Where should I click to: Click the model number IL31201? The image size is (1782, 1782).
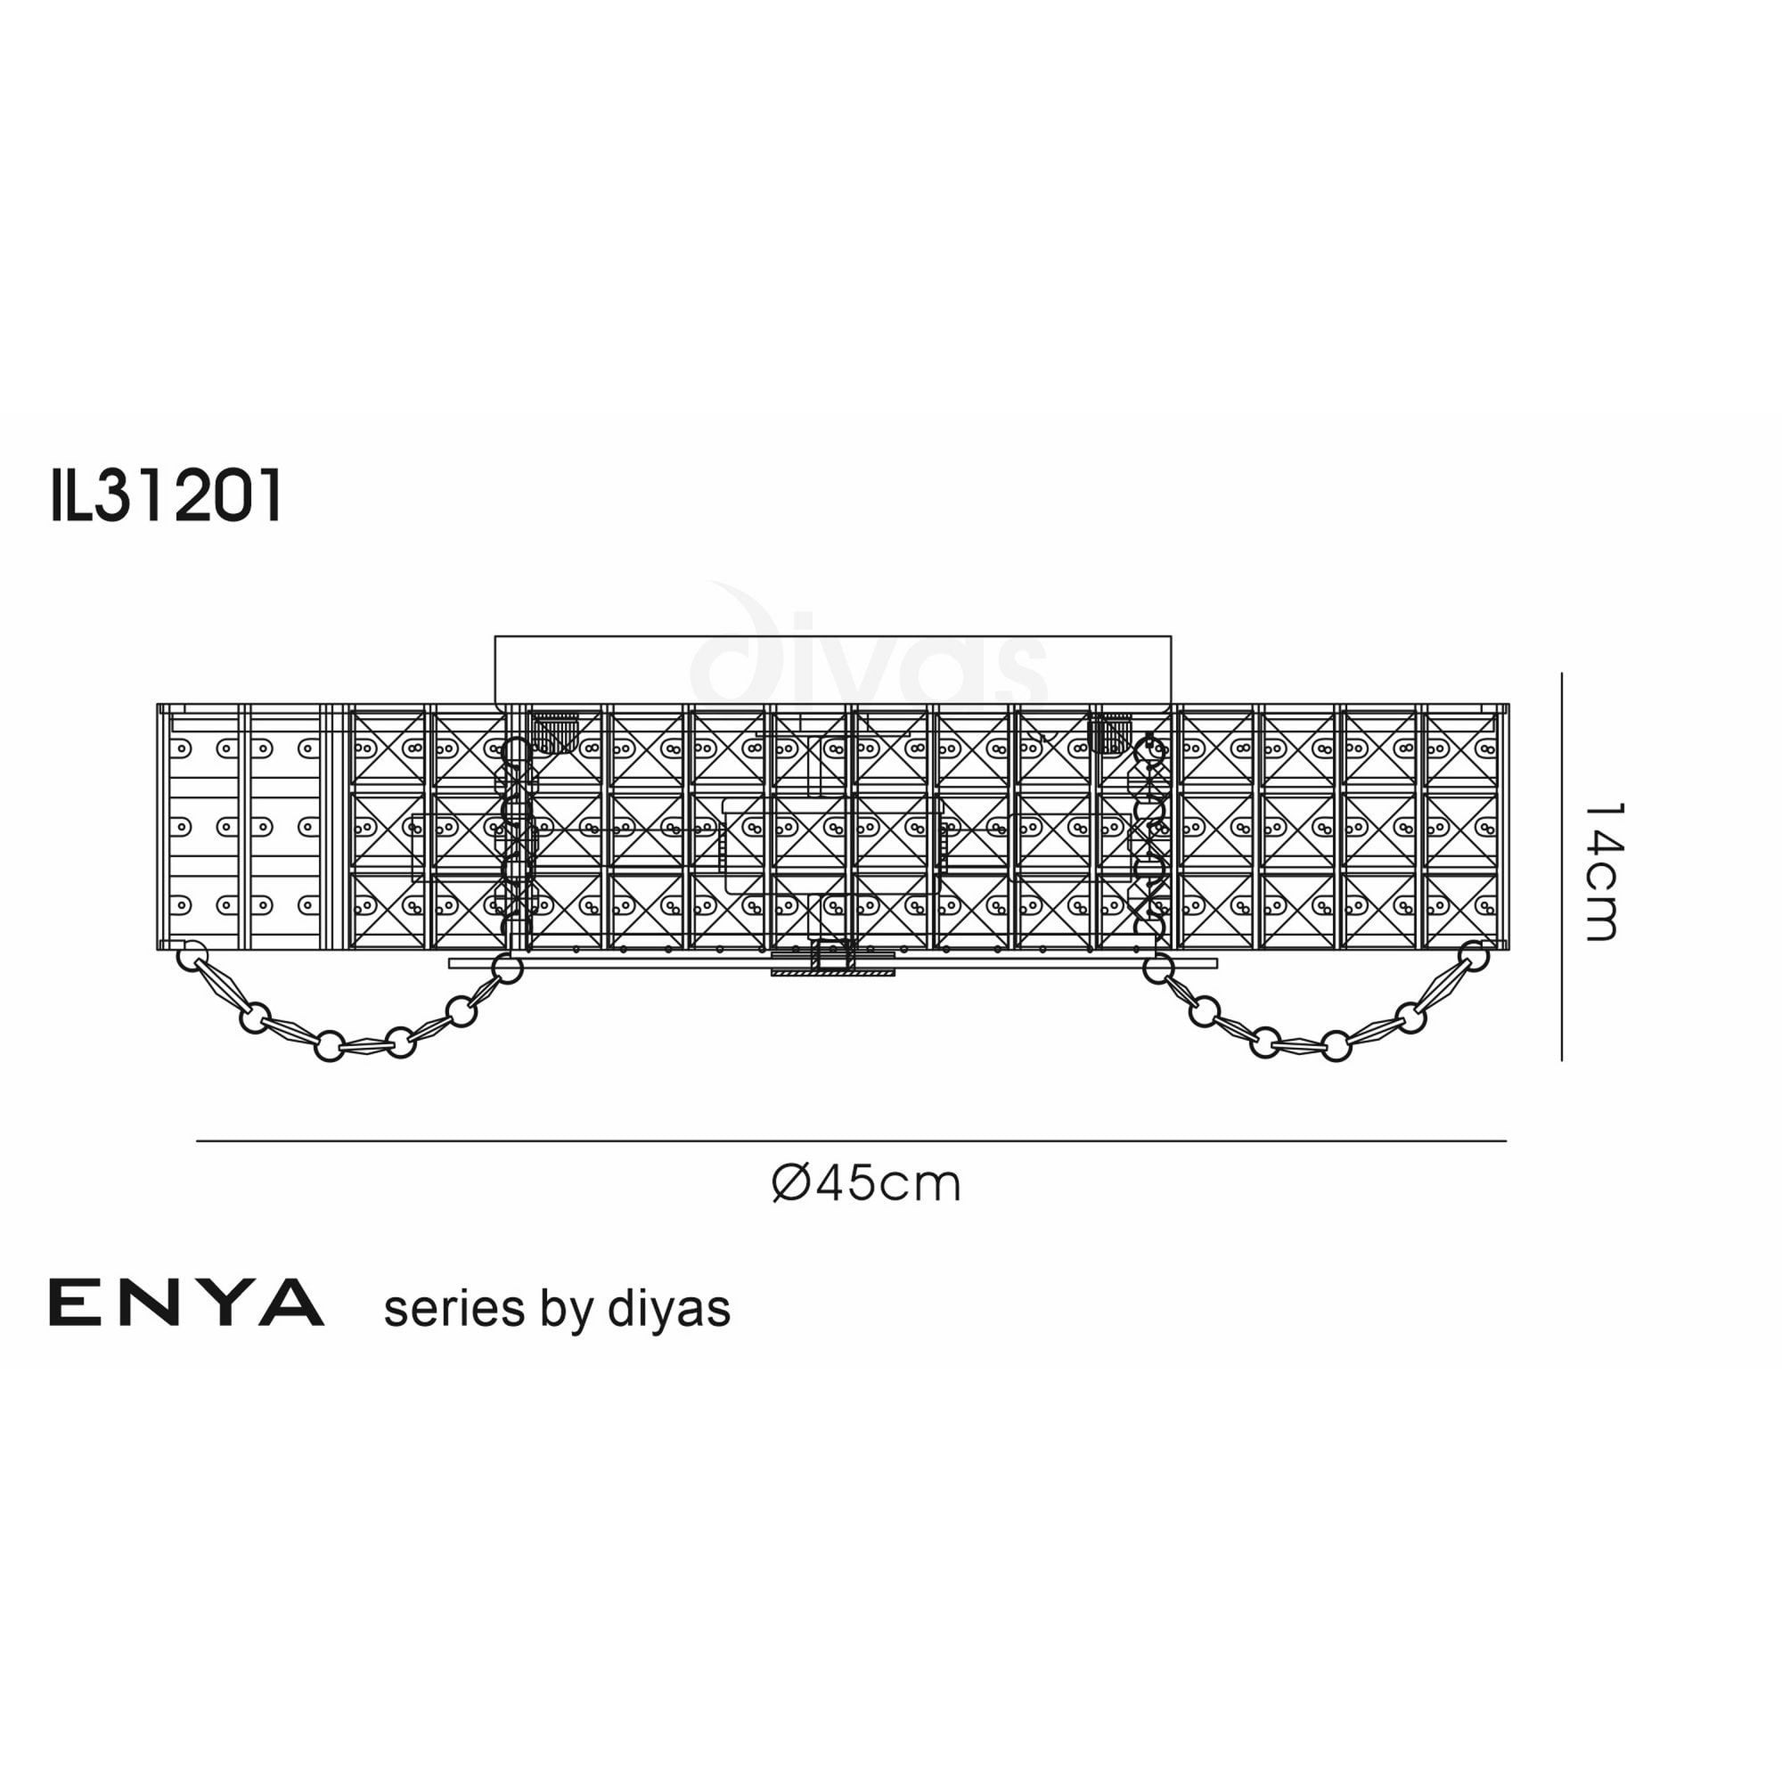[166, 497]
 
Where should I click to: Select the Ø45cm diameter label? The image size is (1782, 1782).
[866, 1183]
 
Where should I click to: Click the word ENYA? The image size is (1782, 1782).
[186, 1304]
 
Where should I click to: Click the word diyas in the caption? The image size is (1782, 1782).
[669, 1309]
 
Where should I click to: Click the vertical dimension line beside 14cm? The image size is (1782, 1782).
[1562, 867]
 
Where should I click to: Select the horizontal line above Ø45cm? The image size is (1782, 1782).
[848, 1141]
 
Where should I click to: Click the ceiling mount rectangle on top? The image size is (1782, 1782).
[832, 669]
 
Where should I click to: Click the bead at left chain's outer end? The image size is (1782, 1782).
[191, 953]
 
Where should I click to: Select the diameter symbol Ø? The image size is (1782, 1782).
[790, 1183]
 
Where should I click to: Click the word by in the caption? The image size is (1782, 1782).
[568, 1311]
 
